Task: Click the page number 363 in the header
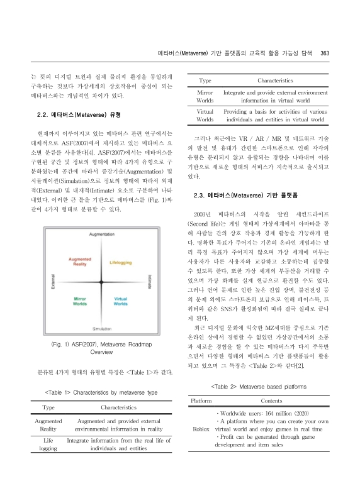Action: pos(325,53)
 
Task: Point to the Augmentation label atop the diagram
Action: pos(102,251)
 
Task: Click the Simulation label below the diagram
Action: pos(102,328)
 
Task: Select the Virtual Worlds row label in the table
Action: pos(205,114)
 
